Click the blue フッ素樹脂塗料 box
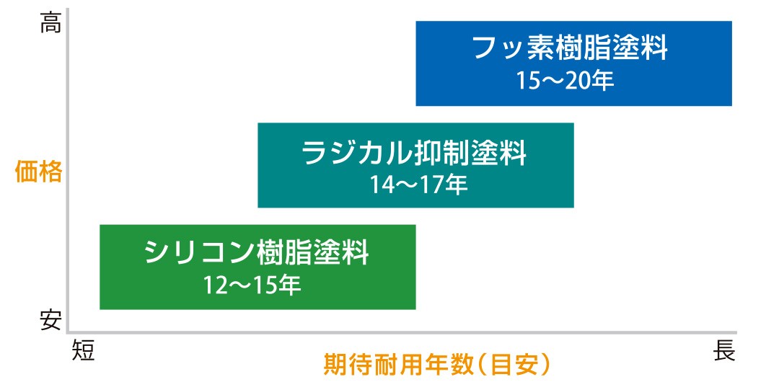pyautogui.click(x=574, y=63)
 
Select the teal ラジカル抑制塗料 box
pyautogui.click(x=416, y=166)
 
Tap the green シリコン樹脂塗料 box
pyautogui.click(x=258, y=267)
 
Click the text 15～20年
pyautogui.click(x=564, y=81)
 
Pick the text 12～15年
pyautogui.click(x=252, y=286)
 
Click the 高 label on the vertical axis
pyautogui.click(x=50, y=23)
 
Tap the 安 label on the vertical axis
pyautogui.click(x=50, y=321)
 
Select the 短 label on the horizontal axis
pyautogui.click(x=83, y=350)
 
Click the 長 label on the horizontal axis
pyautogui.click(x=724, y=351)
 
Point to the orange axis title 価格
pyautogui.click(x=38, y=172)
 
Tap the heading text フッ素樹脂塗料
pyautogui.click(x=570, y=48)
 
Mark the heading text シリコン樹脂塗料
pyautogui.click(x=257, y=253)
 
